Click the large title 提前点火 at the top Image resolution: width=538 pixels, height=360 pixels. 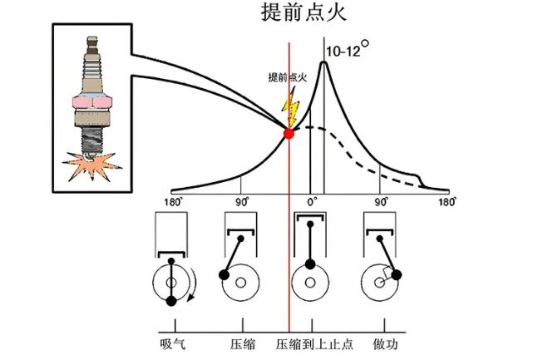pos(304,12)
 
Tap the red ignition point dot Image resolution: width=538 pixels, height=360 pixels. pos(289,134)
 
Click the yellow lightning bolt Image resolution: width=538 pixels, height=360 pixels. pos(291,106)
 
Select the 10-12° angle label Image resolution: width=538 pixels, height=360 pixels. pos(348,49)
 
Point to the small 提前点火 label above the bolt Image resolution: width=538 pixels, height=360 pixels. pos(287,77)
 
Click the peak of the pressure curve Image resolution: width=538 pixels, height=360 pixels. pos(323,62)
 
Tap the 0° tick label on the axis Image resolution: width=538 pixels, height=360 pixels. pos(312,202)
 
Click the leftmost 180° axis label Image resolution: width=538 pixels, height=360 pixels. pos(172,202)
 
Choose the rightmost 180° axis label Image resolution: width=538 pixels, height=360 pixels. pos(447,202)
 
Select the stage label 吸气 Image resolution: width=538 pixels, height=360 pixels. pos(173,344)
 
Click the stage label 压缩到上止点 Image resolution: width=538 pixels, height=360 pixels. pos(314,344)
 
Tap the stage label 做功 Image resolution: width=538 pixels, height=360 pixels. pos(386,344)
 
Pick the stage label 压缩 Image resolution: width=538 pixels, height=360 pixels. pos(243,344)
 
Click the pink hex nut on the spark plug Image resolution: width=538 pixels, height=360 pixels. pos(92,102)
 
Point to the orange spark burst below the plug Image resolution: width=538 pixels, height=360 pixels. pos(91,166)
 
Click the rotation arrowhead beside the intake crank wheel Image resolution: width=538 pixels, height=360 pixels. pos(190,298)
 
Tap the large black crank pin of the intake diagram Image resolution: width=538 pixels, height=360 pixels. pos(171,301)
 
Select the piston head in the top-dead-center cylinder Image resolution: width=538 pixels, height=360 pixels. pos(310,217)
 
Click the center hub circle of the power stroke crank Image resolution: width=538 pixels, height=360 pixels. pos(379,283)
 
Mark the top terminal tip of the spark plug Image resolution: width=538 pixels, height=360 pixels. pos(92,38)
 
